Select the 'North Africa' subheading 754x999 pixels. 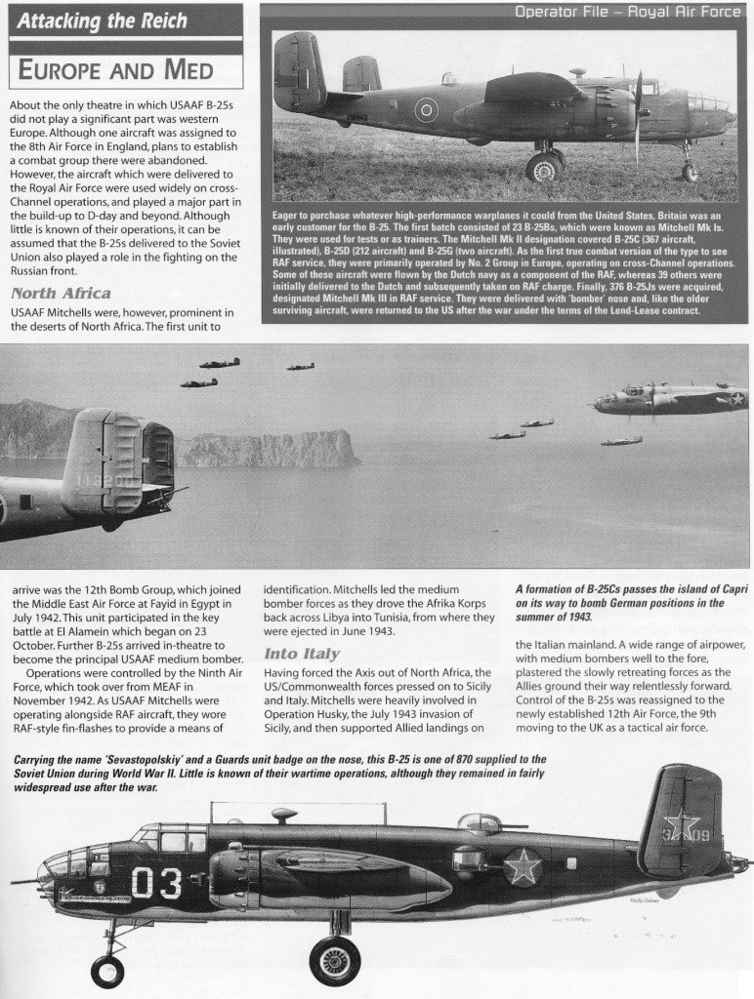point(60,292)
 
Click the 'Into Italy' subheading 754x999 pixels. point(302,654)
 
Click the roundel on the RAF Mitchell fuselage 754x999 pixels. point(426,110)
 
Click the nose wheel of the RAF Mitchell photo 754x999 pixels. point(690,172)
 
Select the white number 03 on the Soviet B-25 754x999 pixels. point(155,883)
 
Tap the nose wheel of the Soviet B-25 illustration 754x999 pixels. point(107,970)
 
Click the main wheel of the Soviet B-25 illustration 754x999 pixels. point(335,960)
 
